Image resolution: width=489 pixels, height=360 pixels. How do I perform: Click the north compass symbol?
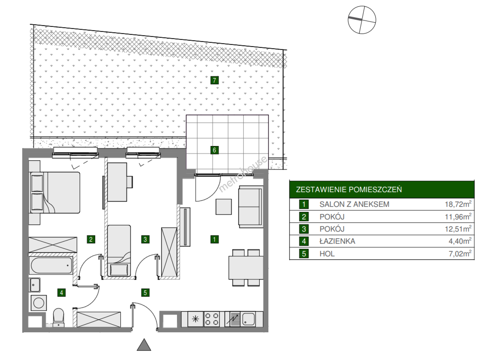point(362,20)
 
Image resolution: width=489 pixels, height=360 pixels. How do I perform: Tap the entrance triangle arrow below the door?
point(144,345)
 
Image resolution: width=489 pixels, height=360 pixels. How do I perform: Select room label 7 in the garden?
point(214,80)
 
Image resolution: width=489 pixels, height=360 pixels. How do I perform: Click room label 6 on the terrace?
point(214,150)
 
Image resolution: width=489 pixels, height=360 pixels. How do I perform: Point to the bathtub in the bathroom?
point(52,265)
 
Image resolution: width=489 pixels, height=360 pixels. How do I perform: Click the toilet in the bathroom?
point(59,317)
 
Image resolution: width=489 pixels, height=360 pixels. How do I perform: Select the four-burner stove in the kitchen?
point(212,319)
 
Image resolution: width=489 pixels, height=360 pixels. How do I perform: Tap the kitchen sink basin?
point(248,319)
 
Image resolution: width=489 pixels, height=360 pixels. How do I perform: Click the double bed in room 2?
point(55,192)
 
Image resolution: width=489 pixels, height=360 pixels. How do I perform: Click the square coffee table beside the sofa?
point(224,207)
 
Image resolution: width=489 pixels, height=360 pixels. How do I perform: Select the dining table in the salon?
point(246,268)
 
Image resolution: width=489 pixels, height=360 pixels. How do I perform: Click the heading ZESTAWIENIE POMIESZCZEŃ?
point(349,189)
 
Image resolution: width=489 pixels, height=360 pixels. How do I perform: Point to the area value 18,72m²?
point(458,204)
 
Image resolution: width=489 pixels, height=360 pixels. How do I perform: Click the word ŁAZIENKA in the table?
point(337,241)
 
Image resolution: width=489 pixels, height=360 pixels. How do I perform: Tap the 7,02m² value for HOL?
point(460,254)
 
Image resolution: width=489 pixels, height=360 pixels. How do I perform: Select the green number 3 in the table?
point(304,229)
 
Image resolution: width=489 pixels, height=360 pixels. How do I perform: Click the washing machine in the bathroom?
point(39,303)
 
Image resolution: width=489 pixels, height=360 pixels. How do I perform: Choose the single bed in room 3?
point(119,251)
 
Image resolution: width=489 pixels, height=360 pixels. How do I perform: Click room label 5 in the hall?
point(145,293)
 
